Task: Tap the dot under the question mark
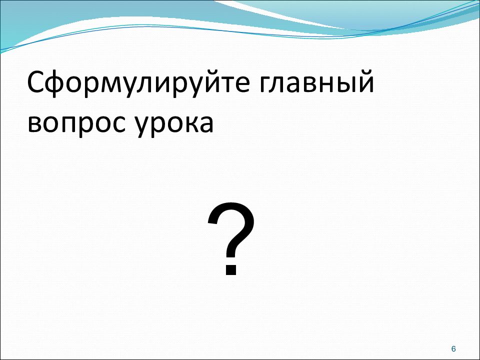click(x=230, y=270)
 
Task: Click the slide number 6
click(x=453, y=348)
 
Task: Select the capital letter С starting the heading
click(x=37, y=83)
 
